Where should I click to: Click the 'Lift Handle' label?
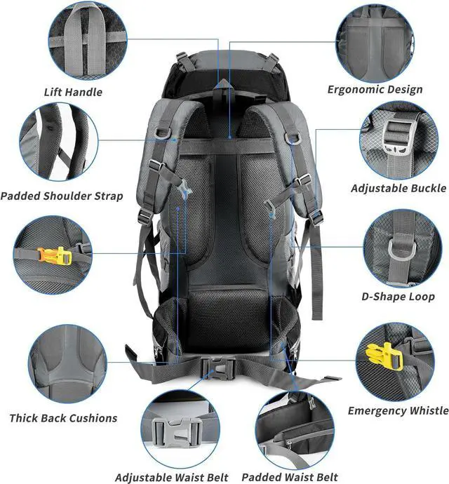[x=74, y=92]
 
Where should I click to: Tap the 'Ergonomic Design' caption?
[x=375, y=89]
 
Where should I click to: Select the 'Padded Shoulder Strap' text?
[x=62, y=196]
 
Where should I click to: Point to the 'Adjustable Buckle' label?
[x=398, y=188]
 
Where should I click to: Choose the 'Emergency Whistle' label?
[x=398, y=410]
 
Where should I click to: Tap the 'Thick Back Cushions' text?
[x=63, y=418]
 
